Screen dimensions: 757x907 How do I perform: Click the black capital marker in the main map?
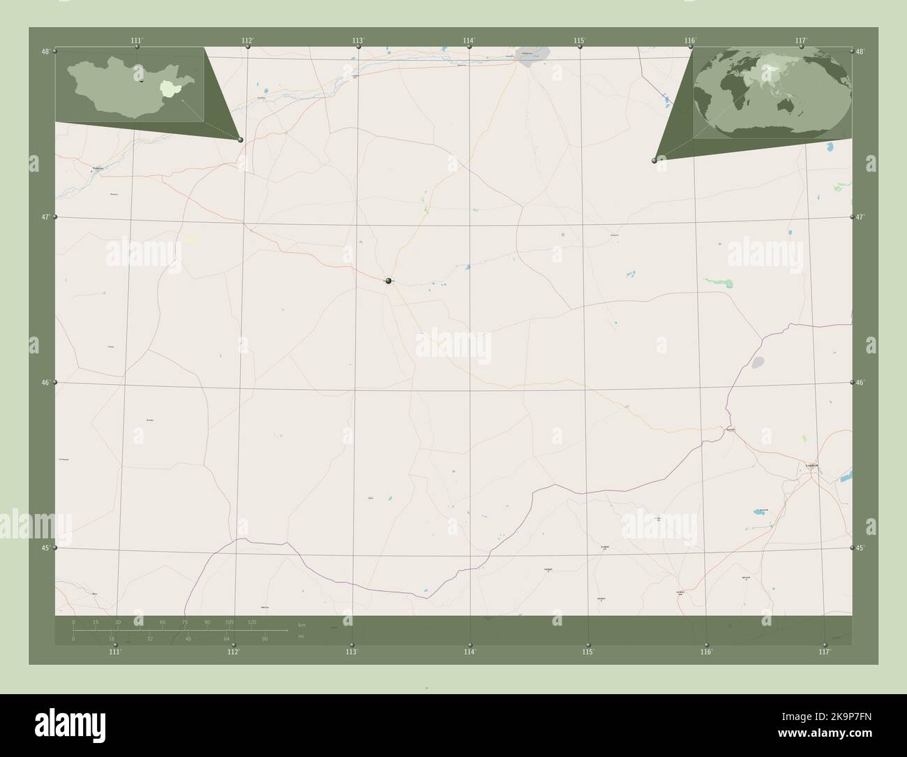pos(388,281)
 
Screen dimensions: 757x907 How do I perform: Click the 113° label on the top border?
pos(358,41)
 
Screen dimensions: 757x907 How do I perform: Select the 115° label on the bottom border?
pos(588,652)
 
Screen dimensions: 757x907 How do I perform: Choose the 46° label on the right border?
pos(861,383)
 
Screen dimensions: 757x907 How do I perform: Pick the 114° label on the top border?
pos(469,41)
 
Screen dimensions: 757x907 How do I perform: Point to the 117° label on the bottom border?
pos(825,652)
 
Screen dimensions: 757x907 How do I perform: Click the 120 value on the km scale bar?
pos(252,622)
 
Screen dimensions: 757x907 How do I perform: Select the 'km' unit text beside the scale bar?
pos(301,625)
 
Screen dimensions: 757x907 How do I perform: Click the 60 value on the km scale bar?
pos(163,622)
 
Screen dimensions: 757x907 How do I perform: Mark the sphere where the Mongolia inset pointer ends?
pos(241,140)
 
